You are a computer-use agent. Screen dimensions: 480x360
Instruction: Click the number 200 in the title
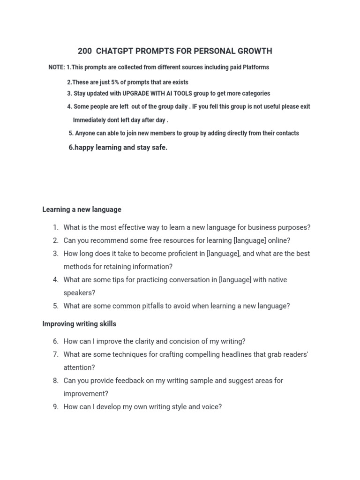point(85,51)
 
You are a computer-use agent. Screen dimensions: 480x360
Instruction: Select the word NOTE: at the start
point(57,67)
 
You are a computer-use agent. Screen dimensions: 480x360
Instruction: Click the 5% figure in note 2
point(115,82)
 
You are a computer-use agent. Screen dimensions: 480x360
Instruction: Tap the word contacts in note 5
point(287,133)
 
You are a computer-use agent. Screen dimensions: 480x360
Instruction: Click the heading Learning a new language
point(82,210)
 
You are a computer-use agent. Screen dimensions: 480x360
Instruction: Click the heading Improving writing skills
point(79,324)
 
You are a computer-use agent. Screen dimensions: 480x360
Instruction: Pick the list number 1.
point(55,228)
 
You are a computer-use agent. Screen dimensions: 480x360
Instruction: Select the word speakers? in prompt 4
point(79,293)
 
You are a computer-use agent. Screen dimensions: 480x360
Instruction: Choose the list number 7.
point(55,355)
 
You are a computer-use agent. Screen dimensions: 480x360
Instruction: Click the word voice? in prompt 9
point(212,407)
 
